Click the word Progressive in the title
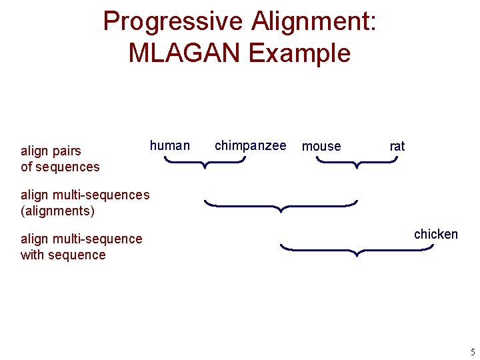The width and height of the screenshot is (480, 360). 173,22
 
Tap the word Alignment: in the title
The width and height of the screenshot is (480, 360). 313,22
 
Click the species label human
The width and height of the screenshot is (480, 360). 169,145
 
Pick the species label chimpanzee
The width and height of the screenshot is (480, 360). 250,145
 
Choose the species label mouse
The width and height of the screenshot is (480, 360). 321,146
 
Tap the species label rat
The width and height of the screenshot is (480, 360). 397,146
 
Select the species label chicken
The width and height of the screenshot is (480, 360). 435,234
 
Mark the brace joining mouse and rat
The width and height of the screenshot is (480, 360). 357,163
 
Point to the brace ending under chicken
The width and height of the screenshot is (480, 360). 357,250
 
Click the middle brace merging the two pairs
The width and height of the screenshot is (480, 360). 281,205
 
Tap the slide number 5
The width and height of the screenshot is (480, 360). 472,351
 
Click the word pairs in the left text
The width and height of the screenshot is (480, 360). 66,151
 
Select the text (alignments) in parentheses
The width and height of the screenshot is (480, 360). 58,211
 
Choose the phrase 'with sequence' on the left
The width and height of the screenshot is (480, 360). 63,255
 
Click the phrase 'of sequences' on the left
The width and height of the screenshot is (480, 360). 60,167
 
